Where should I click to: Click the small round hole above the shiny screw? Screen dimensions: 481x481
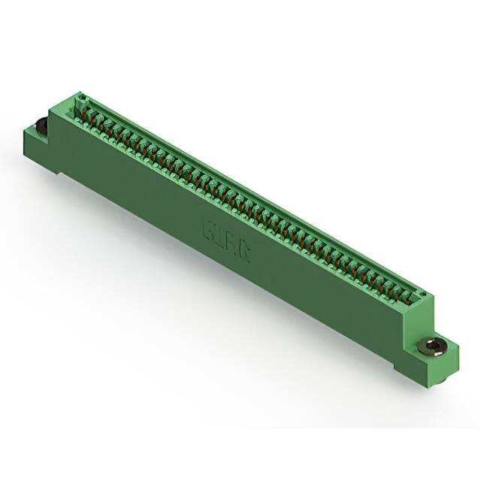422,295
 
